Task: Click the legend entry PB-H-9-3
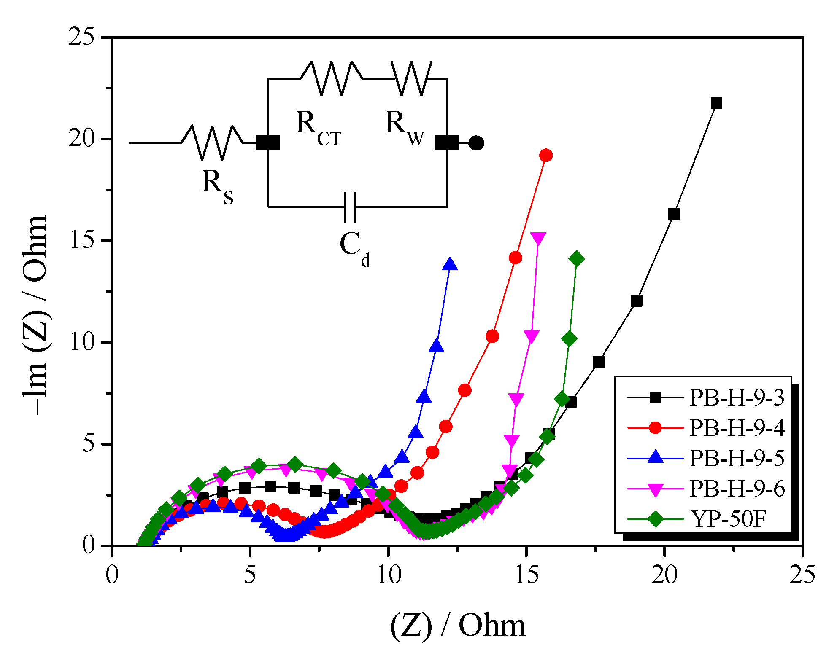(x=736, y=398)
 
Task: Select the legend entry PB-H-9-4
(x=736, y=428)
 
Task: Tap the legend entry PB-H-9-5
(x=736, y=458)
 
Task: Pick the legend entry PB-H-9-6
(x=736, y=489)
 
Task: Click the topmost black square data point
(x=716, y=103)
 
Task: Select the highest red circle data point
(x=546, y=156)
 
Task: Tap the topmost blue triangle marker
(x=450, y=264)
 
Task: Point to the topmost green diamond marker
(x=577, y=259)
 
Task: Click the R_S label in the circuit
(x=217, y=185)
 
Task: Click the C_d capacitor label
(x=354, y=249)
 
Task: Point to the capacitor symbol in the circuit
(x=350, y=207)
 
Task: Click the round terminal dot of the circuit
(x=476, y=143)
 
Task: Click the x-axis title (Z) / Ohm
(x=457, y=625)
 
